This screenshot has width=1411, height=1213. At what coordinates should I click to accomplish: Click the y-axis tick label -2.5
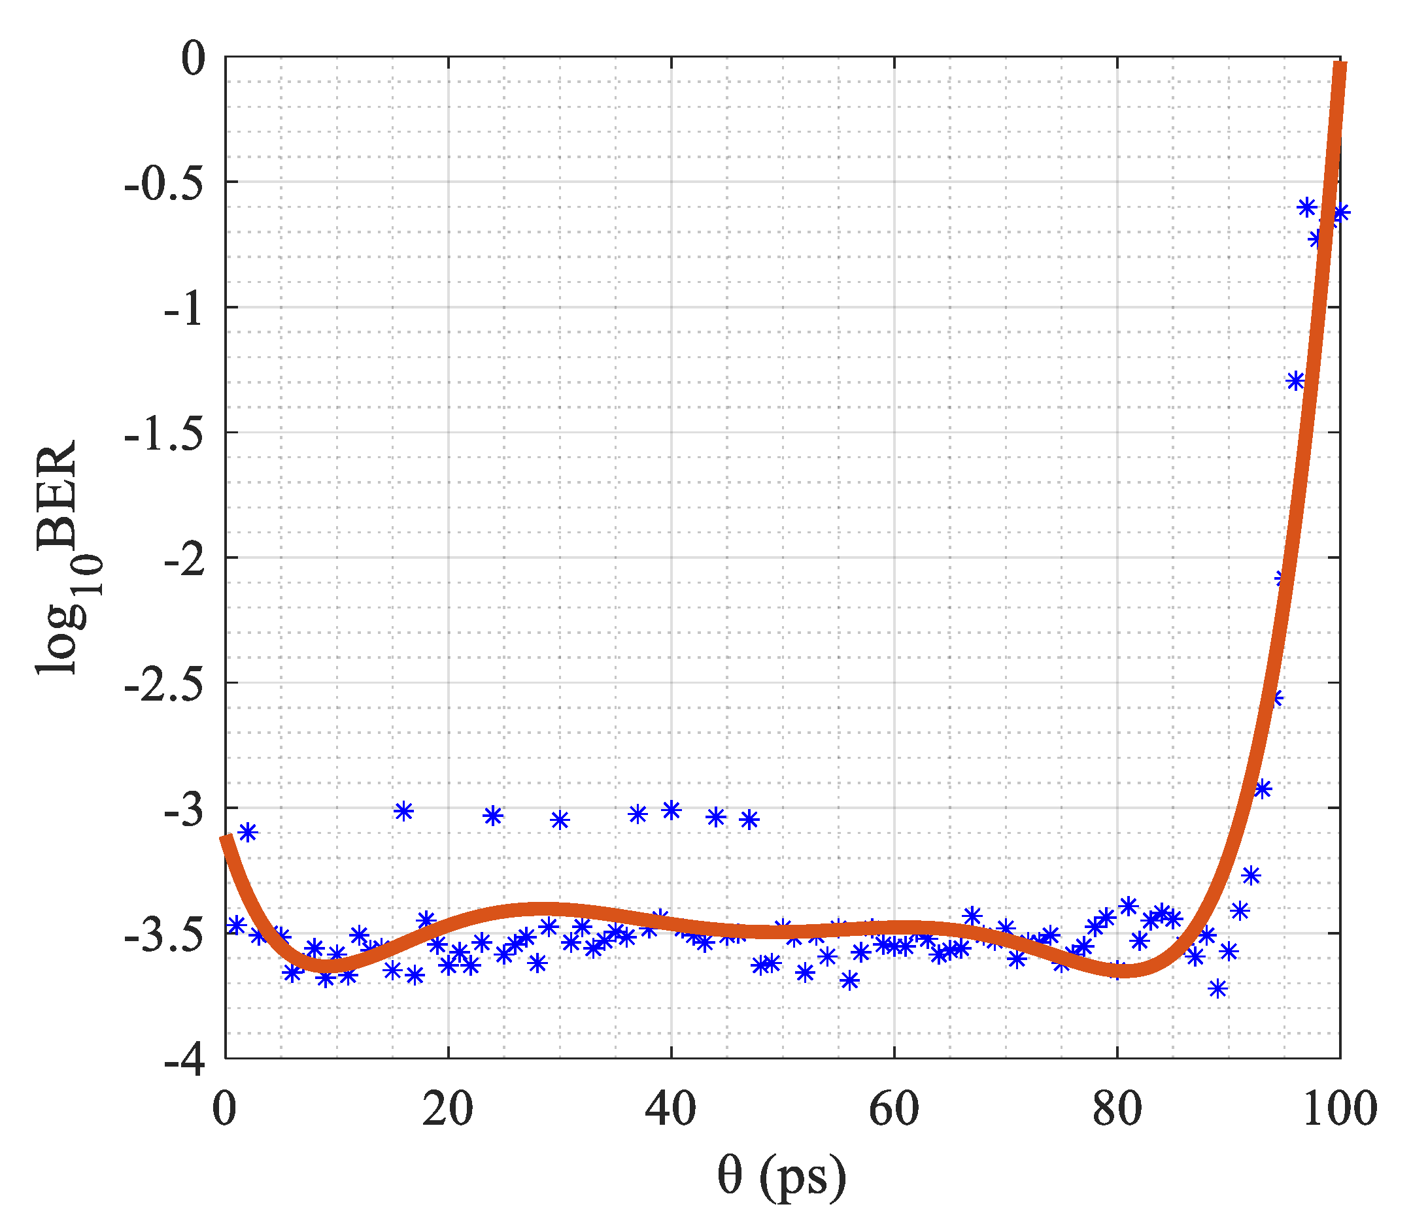click(x=165, y=684)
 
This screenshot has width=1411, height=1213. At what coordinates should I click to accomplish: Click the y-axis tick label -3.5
click(x=165, y=935)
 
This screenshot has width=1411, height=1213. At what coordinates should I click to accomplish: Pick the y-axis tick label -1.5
click(x=165, y=434)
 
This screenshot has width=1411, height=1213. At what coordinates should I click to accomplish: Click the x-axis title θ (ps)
click(x=781, y=1176)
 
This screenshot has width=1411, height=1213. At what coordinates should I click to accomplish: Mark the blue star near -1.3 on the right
click(x=1295, y=380)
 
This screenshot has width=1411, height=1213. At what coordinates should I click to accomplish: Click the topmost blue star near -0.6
click(x=1306, y=207)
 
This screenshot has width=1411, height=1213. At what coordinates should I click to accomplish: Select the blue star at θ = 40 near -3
click(x=671, y=810)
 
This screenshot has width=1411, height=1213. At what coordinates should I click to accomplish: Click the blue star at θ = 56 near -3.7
click(x=849, y=980)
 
